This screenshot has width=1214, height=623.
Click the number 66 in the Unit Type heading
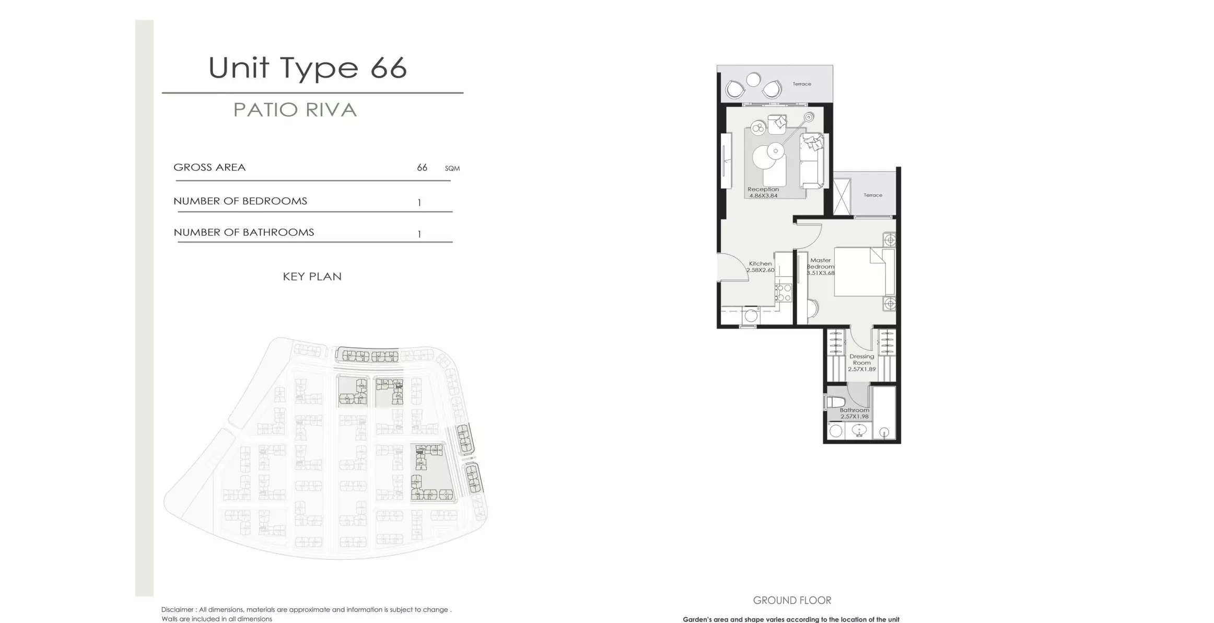(x=389, y=68)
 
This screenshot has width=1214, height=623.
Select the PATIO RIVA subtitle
(x=295, y=110)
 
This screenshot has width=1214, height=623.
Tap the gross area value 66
(x=422, y=168)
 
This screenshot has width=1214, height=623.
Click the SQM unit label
(x=452, y=168)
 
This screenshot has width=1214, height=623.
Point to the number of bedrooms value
(x=419, y=203)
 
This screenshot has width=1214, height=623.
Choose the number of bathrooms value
(x=419, y=234)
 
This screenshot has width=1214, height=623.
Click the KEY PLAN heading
(x=312, y=276)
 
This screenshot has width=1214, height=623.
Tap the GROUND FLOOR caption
(x=792, y=601)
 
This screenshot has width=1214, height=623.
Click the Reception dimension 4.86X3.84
(x=763, y=196)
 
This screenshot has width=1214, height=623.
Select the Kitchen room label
(x=760, y=263)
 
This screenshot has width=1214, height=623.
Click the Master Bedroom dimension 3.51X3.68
(x=821, y=273)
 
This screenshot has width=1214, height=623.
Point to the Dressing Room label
(x=861, y=360)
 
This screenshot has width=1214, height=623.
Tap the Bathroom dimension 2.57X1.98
(x=855, y=417)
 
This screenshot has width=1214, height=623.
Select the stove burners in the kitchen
(x=784, y=293)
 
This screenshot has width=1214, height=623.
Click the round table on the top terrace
(x=753, y=79)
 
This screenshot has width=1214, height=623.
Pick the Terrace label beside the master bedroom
(x=873, y=195)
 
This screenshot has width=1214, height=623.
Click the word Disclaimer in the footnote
(x=178, y=609)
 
